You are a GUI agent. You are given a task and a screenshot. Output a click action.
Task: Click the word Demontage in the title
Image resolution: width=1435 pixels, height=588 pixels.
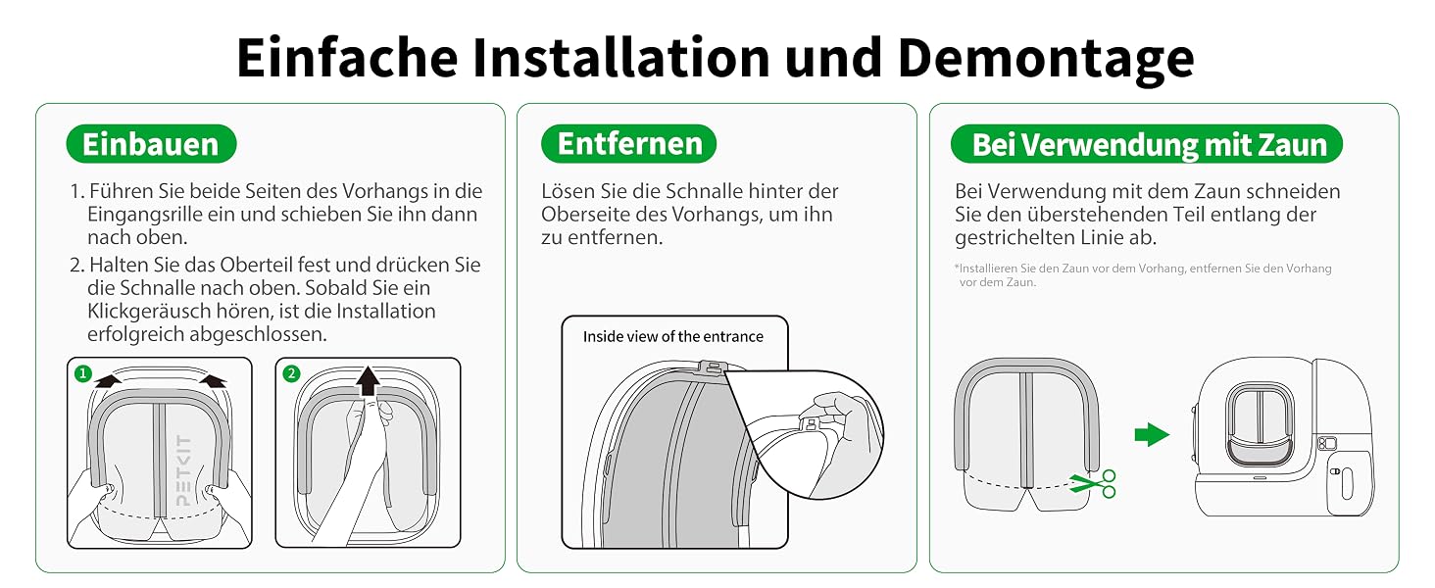(x=1046, y=60)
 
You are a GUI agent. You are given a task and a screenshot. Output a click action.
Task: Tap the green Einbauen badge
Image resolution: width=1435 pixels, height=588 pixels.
(x=151, y=143)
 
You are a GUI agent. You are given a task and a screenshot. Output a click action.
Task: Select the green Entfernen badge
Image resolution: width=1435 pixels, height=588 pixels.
(x=629, y=143)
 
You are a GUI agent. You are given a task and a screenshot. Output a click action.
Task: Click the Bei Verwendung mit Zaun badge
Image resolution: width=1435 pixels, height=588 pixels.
(x=1147, y=144)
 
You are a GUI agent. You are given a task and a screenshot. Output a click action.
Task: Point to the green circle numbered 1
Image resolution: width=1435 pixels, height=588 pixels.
(x=83, y=373)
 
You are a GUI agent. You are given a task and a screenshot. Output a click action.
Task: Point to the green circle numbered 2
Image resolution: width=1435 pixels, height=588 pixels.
(x=291, y=373)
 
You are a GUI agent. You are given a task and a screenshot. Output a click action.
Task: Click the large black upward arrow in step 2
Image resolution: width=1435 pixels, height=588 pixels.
(x=368, y=380)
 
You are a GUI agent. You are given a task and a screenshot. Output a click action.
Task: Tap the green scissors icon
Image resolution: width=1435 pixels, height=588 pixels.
(x=1094, y=483)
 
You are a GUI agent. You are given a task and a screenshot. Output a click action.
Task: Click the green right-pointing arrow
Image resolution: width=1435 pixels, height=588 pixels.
(x=1151, y=434)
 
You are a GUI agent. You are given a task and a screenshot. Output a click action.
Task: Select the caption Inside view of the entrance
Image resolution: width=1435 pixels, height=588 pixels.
(x=672, y=336)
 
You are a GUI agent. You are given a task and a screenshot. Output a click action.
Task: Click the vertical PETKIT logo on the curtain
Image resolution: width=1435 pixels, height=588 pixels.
(x=183, y=470)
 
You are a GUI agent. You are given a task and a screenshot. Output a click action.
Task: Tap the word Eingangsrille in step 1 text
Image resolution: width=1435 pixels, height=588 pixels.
(x=145, y=215)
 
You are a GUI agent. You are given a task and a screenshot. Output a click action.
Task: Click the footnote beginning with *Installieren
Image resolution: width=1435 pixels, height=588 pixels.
(x=1143, y=274)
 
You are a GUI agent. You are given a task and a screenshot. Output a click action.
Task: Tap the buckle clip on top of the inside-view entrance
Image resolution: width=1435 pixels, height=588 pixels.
(x=711, y=368)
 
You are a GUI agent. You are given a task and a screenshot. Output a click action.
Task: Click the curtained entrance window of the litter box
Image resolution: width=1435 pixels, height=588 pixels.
(x=1260, y=424)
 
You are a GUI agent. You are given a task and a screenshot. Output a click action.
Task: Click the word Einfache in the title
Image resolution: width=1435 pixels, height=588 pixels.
(x=347, y=60)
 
